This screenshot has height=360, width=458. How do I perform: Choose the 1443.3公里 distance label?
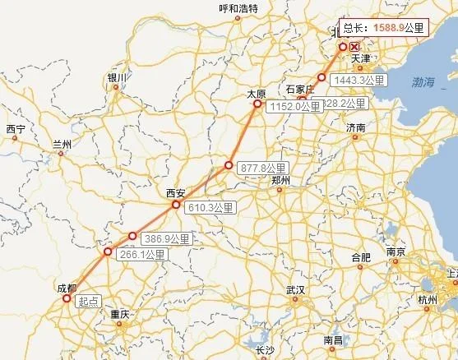361,81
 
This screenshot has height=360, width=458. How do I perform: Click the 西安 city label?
175,192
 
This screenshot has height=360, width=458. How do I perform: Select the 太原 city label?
257,95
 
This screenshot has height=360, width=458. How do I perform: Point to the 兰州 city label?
62,144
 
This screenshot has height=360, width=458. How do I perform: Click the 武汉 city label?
294,290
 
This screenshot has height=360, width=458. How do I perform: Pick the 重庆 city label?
120,314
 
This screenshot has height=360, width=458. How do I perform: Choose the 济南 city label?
355,128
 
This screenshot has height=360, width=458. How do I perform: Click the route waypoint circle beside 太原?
257,105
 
